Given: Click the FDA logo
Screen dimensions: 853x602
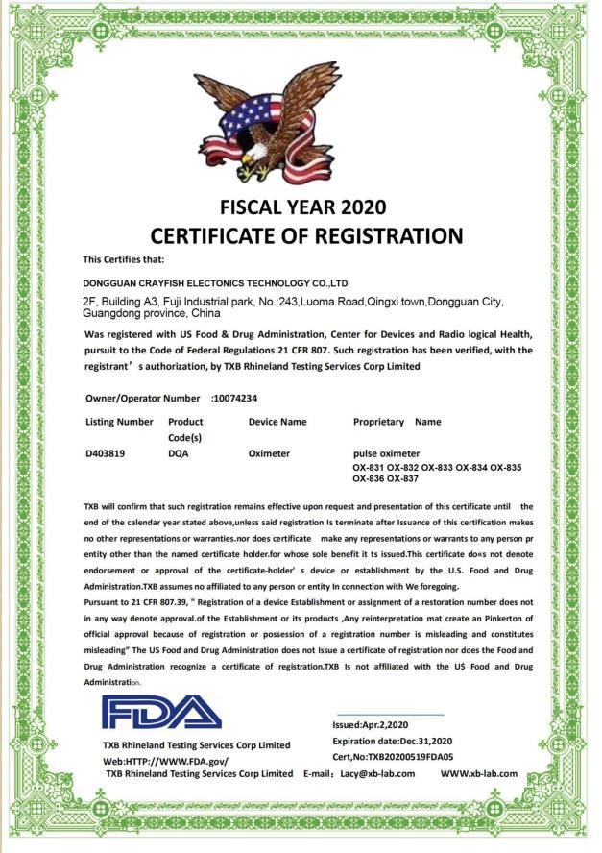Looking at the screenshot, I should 161,712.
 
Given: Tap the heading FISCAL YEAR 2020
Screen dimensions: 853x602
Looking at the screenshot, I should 302,207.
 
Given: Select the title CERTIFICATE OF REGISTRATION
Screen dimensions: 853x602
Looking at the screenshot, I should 306,235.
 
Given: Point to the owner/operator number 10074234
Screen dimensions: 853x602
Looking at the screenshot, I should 236,397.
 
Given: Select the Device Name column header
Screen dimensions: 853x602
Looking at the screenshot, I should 277,422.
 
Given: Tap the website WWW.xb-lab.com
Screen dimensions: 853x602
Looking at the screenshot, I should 479,773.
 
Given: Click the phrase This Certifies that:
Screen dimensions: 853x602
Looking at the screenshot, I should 123,259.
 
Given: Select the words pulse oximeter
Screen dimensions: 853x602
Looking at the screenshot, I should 387,452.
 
